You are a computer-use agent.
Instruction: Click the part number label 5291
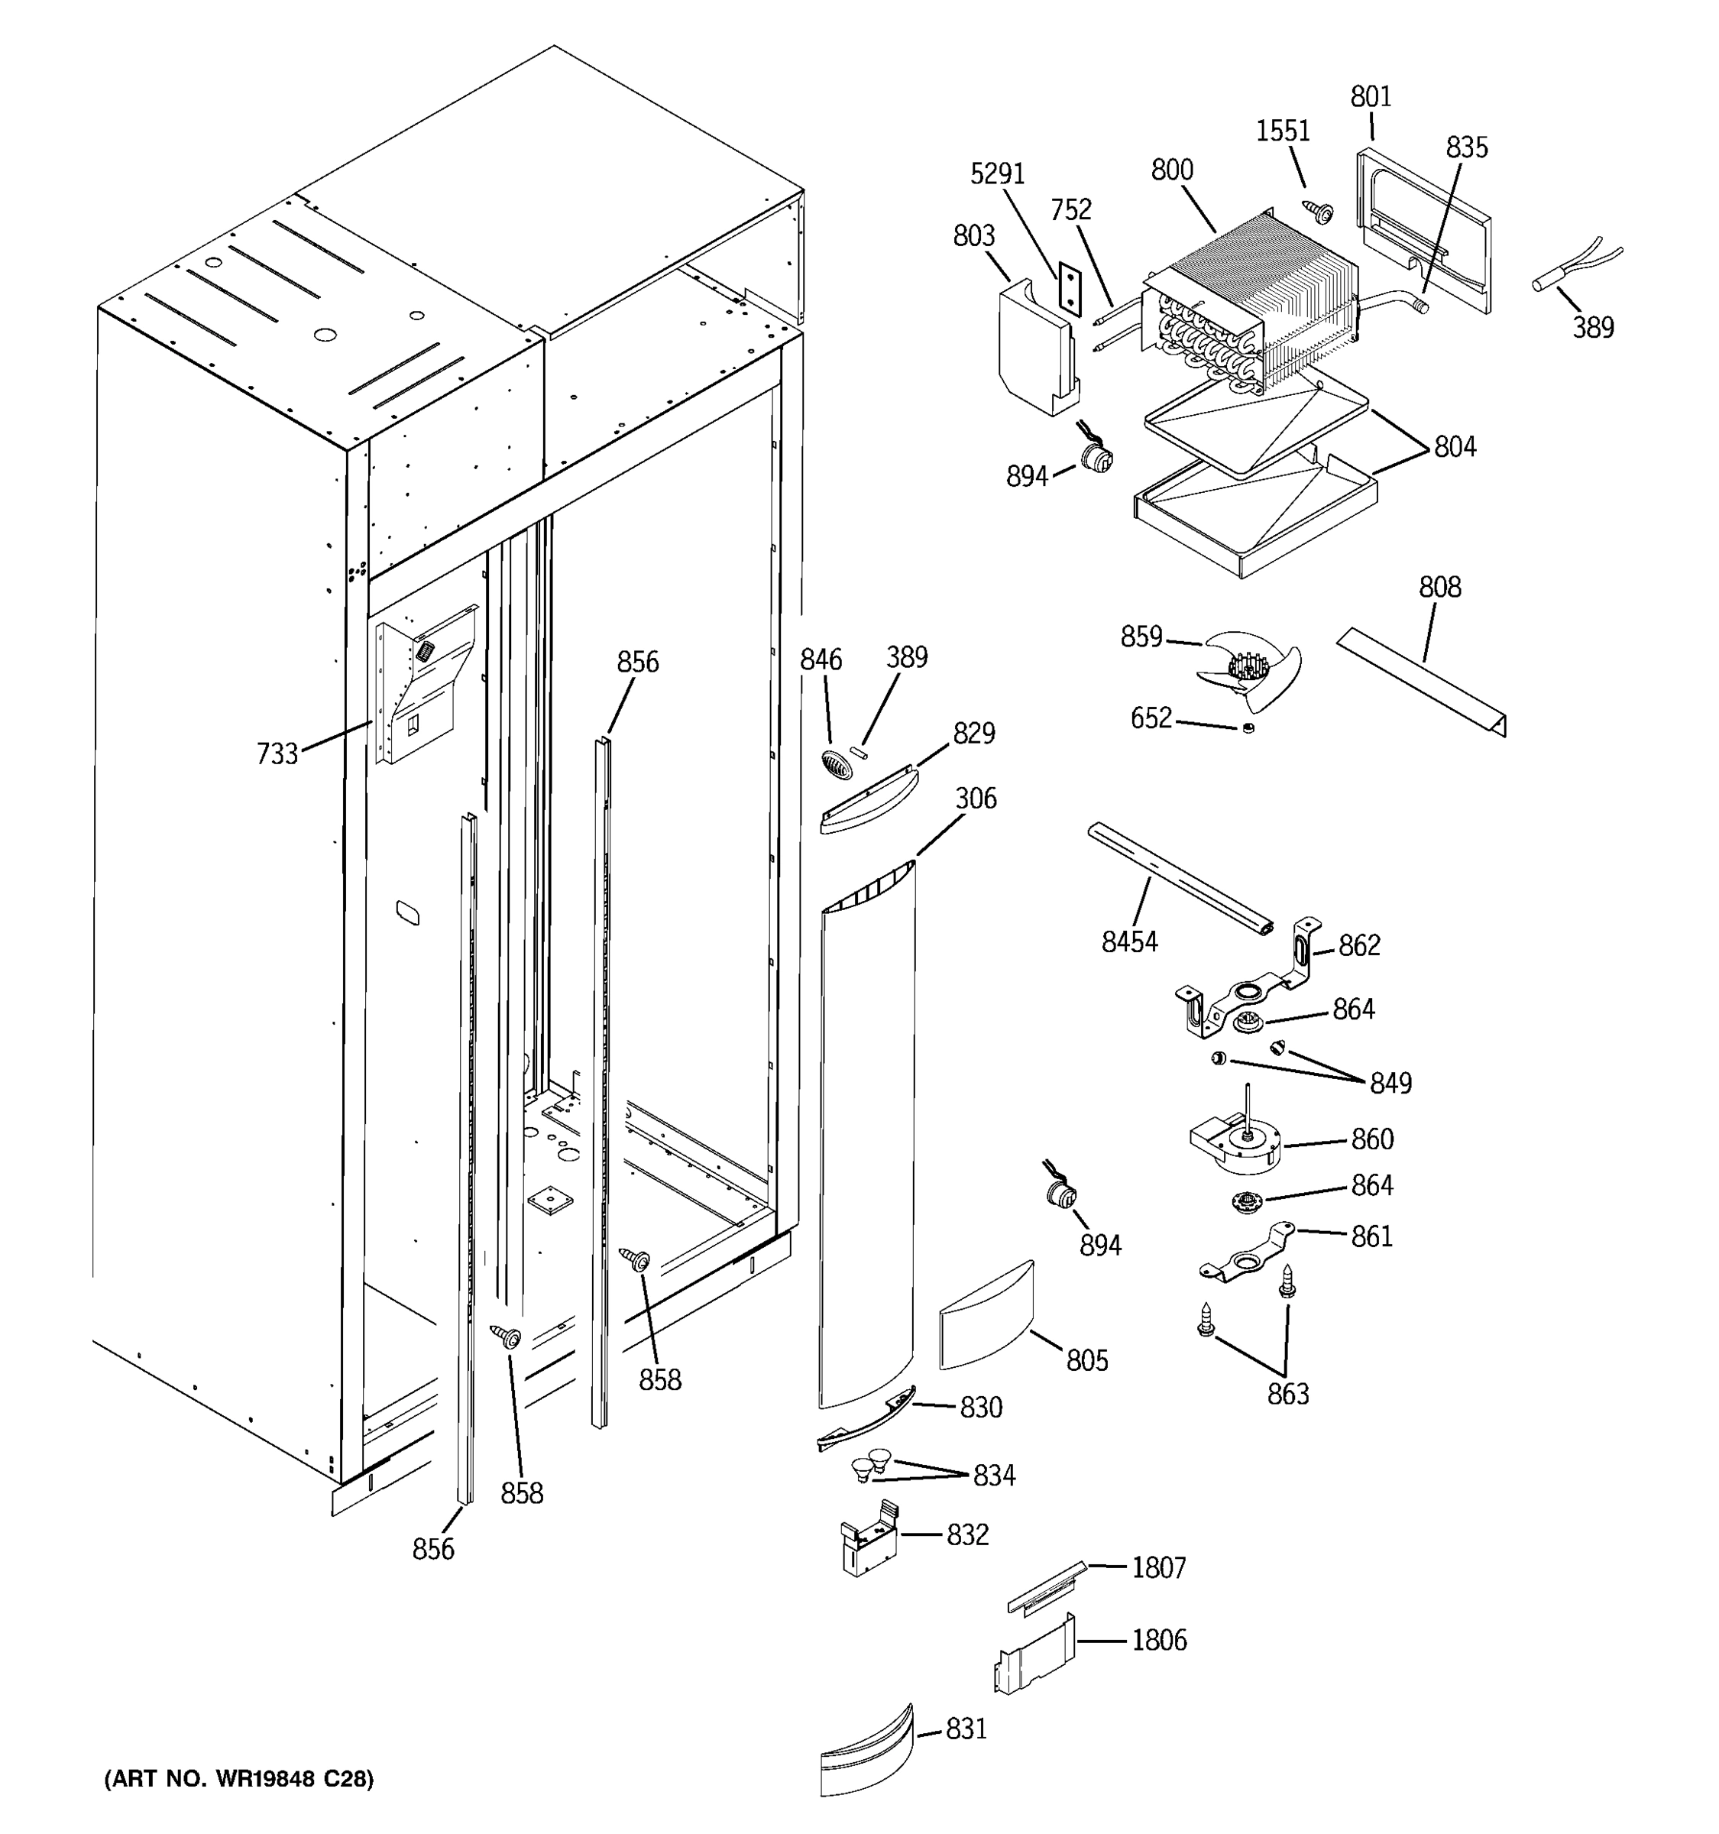pyautogui.click(x=997, y=173)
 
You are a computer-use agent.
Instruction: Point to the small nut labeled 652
pyautogui.click(x=1248, y=729)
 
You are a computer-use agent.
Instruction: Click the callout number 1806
pyautogui.click(x=1158, y=1639)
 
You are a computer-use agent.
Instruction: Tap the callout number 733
pyautogui.click(x=277, y=753)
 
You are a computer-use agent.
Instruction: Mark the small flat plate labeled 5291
pyautogui.click(x=1067, y=288)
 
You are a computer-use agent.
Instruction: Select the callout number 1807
pyautogui.click(x=1158, y=1567)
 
